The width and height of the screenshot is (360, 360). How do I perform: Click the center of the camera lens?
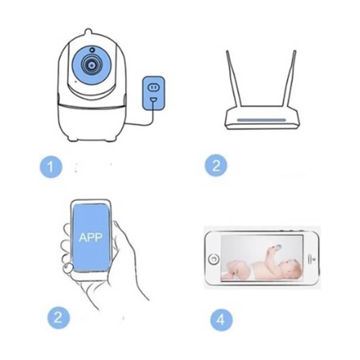92,65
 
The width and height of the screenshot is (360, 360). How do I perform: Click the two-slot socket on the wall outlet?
154,87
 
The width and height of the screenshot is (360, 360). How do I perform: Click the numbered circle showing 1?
51,167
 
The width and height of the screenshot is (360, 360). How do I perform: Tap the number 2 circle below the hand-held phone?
59,318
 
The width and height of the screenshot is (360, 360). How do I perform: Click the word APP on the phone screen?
90,237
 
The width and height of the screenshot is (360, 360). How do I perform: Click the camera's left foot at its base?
73,138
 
